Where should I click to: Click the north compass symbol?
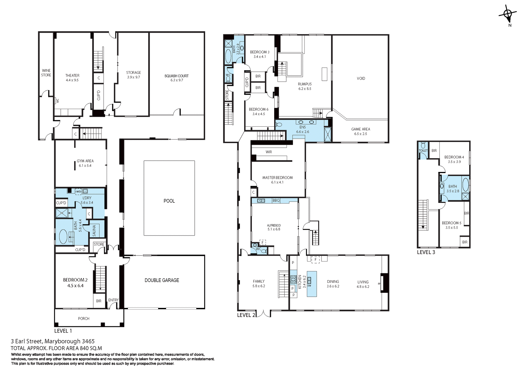click(508, 15)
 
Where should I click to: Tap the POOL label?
click(169, 201)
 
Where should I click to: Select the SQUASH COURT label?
click(176, 76)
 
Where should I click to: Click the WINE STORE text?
click(46, 73)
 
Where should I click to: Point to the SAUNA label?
click(94, 231)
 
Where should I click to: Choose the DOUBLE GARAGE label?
click(162, 280)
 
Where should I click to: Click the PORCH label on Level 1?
click(84, 319)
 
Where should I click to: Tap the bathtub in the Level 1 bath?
click(63, 236)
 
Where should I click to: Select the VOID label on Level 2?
click(361, 79)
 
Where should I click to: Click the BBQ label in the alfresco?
click(276, 201)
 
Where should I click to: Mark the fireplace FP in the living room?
click(379, 284)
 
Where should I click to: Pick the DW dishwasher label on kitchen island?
click(309, 286)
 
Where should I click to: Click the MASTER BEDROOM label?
click(277, 178)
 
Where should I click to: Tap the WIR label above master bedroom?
click(269, 152)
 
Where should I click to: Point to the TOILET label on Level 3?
click(423, 151)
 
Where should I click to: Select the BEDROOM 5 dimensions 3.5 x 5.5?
click(452, 228)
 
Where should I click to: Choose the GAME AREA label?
click(360, 129)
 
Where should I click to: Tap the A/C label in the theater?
click(57, 101)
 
